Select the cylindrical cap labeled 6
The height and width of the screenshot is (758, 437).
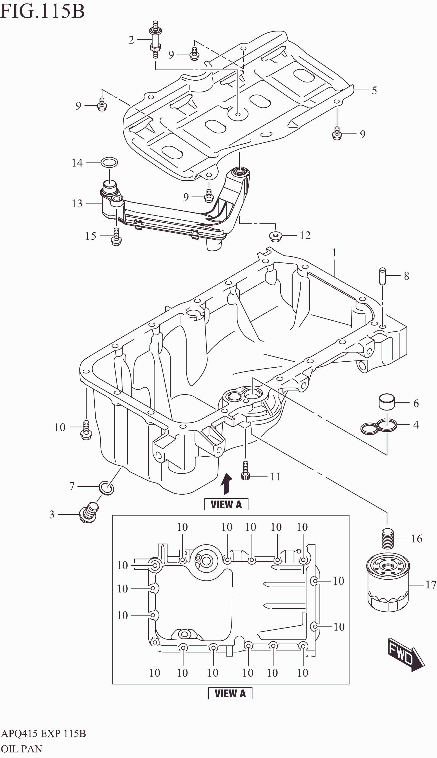pyautogui.click(x=387, y=402)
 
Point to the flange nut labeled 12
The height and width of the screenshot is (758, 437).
pyautogui.click(x=275, y=236)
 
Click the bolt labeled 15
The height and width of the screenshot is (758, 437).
pyautogui.click(x=116, y=237)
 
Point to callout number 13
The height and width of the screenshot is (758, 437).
pyautogui.click(x=77, y=203)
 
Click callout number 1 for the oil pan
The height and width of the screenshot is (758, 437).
pyautogui.click(x=334, y=253)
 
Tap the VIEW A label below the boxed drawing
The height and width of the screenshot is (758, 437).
pyautogui.click(x=230, y=693)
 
